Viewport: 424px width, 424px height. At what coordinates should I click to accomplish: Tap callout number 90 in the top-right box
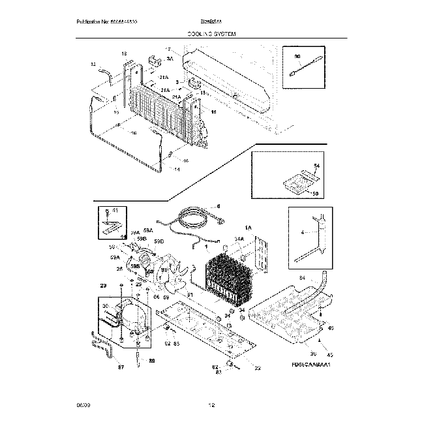[x=297, y=57]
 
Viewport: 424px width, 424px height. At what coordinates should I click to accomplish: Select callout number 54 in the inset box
[x=317, y=168]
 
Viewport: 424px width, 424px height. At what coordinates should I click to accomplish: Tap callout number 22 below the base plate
[x=258, y=368]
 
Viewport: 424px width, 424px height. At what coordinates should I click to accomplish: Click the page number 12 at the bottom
[x=211, y=405]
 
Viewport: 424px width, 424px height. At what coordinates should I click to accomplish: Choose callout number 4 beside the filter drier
[x=302, y=232]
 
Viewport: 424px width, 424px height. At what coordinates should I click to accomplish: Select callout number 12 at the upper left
[x=93, y=64]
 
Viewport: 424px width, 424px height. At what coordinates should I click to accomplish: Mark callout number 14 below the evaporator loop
[x=177, y=170]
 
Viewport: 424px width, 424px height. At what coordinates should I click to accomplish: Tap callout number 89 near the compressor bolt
[x=152, y=360]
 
